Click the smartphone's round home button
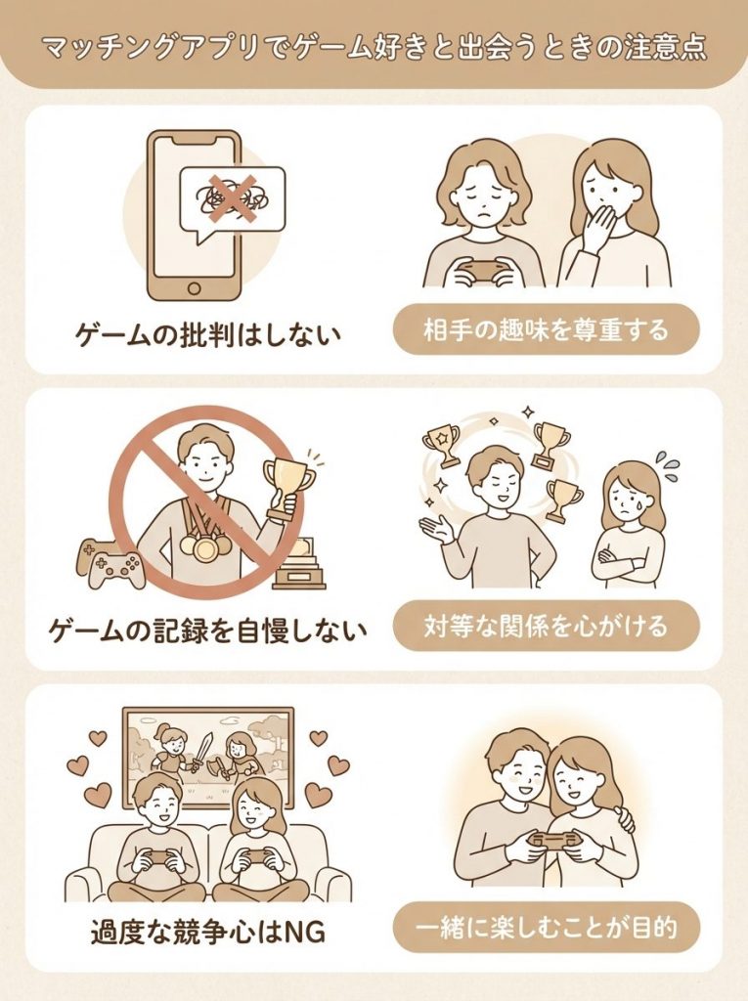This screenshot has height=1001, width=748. point(194,289)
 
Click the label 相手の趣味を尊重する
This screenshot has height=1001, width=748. point(547,330)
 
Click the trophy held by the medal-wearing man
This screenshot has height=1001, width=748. point(289,479)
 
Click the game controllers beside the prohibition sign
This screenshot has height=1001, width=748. point(107,561)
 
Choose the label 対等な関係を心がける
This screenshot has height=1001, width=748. point(547,626)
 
